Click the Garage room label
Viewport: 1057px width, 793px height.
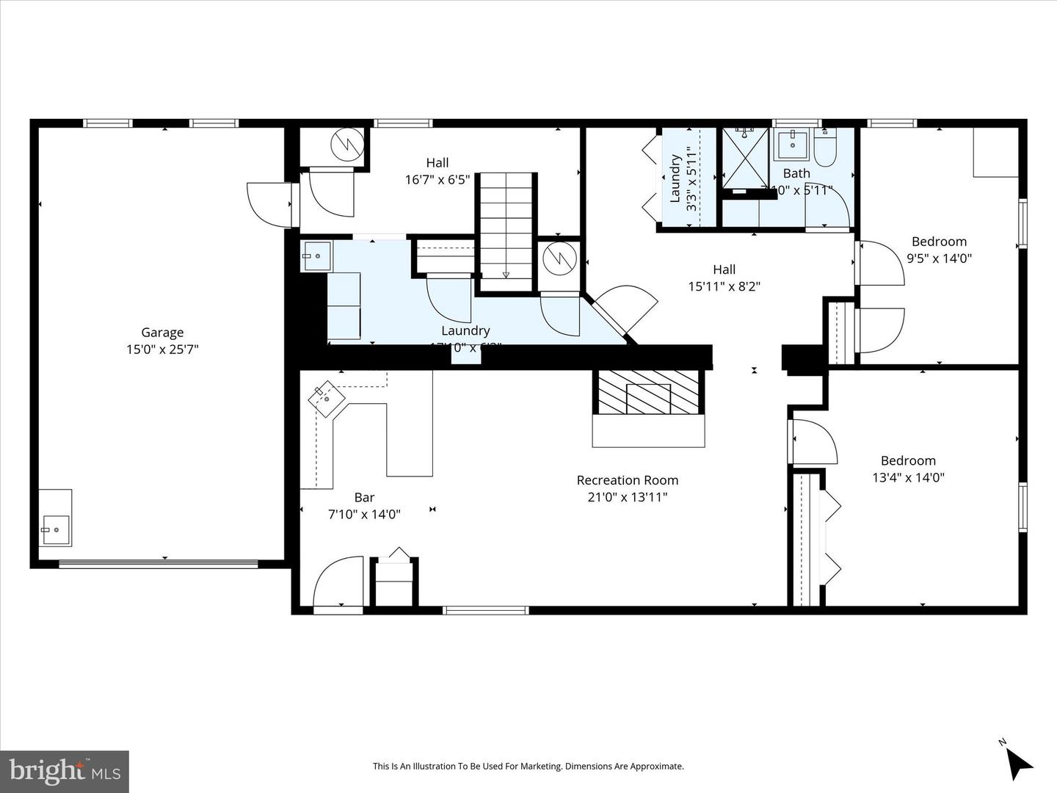point(162,333)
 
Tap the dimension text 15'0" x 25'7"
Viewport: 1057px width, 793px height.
point(162,350)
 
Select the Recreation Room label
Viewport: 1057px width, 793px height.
point(627,480)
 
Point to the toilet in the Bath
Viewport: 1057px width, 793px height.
point(825,147)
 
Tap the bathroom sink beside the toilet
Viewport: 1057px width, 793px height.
point(792,144)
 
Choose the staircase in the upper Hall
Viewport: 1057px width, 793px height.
point(506,231)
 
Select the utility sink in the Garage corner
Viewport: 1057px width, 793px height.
point(55,529)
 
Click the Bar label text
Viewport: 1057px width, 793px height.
point(364,497)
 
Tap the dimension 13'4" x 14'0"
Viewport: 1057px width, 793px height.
point(908,477)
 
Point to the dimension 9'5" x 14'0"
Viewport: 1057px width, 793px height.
point(939,258)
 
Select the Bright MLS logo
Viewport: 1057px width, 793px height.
point(65,771)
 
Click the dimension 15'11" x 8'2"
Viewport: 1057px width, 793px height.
point(724,286)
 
